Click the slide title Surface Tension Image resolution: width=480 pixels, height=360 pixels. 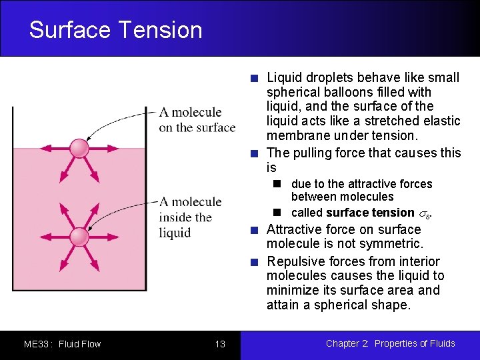(x=115, y=30)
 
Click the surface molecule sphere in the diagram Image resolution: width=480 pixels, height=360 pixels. (x=79, y=148)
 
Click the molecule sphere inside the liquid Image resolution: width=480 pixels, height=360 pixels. (x=79, y=237)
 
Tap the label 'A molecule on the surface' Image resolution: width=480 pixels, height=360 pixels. (x=197, y=120)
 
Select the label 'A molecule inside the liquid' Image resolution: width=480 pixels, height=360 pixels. (x=190, y=217)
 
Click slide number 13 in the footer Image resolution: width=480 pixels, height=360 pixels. (x=220, y=344)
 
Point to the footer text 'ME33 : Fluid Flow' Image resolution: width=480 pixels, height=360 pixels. (x=62, y=344)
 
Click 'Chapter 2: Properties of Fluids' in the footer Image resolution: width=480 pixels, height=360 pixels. (x=390, y=343)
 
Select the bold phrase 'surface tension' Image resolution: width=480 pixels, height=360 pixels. (x=371, y=213)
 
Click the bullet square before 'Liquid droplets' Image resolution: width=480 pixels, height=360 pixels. (x=254, y=79)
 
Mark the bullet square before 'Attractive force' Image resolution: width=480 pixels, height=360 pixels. (x=254, y=231)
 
